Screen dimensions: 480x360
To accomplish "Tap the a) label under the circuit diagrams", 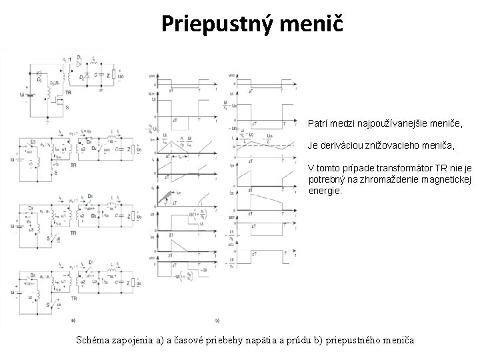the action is point(73,319).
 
